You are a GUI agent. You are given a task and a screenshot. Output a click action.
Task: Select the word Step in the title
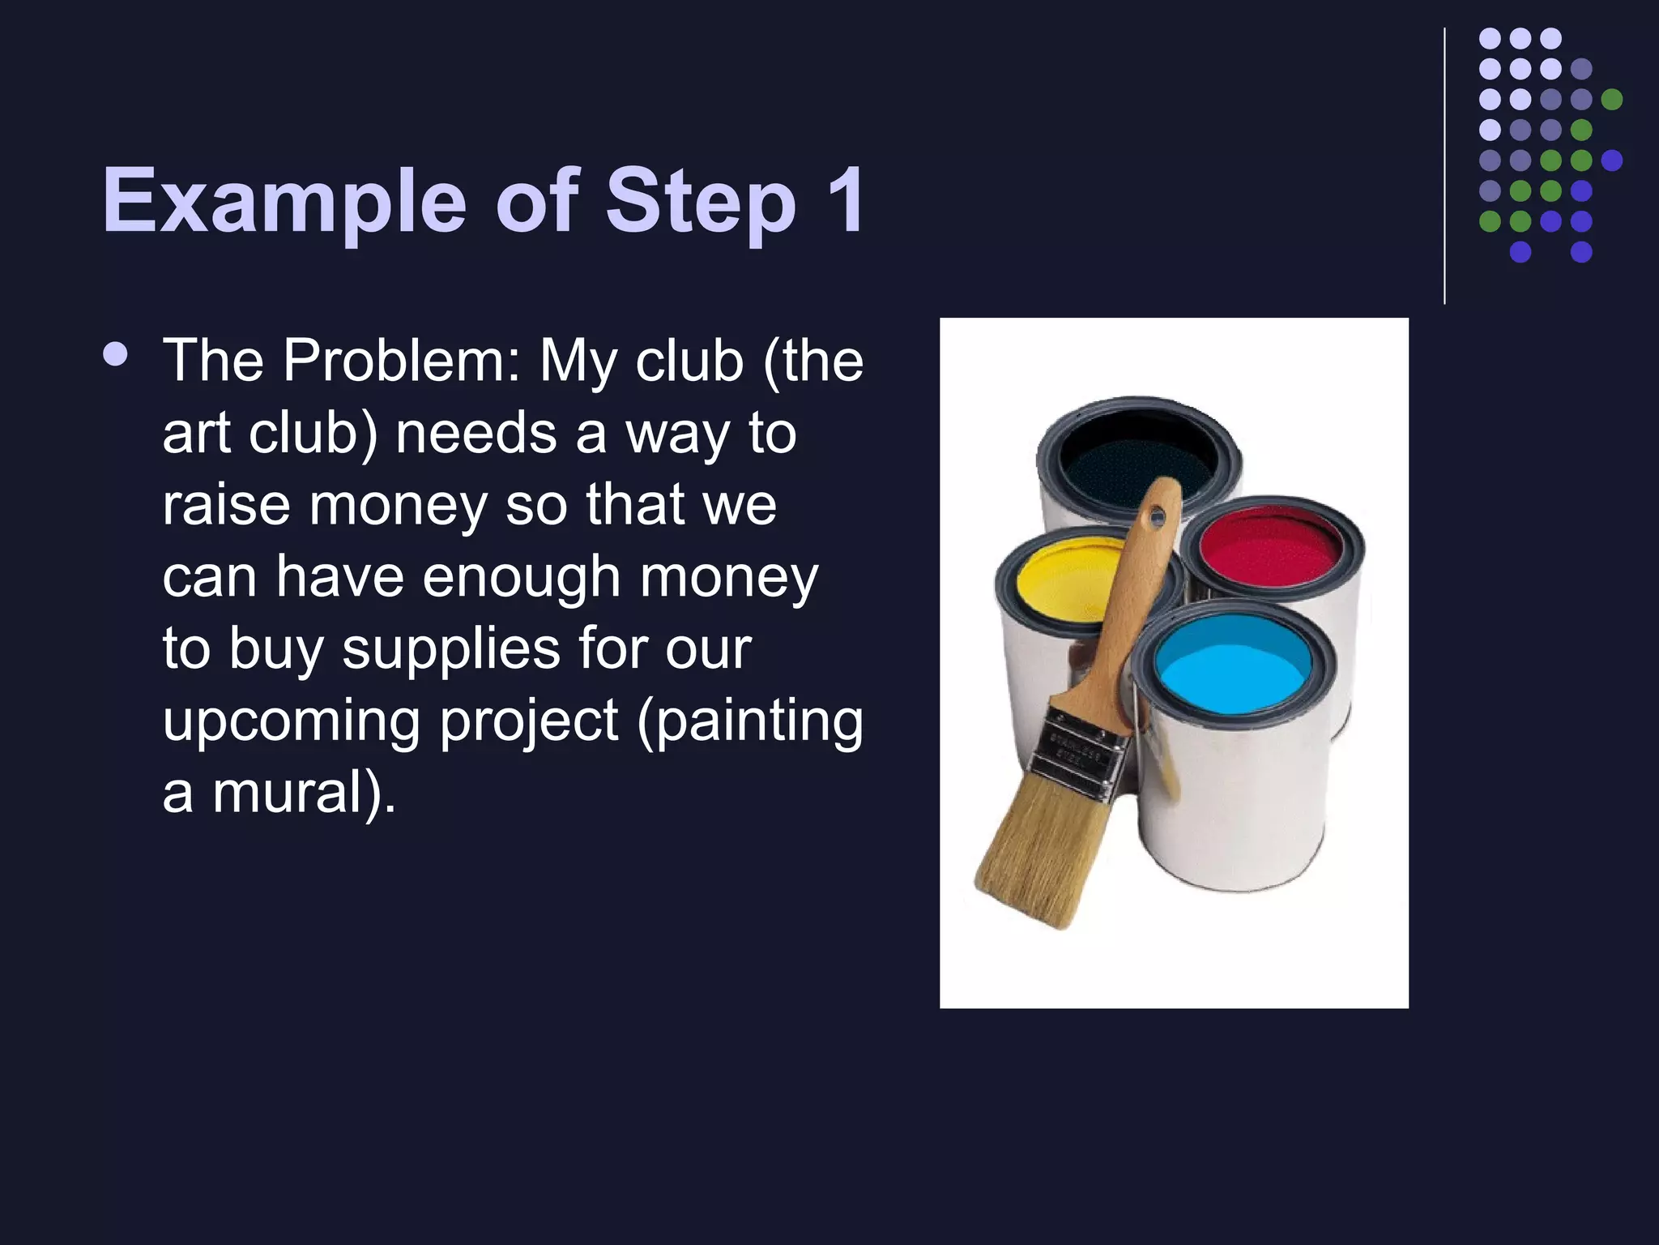(700, 200)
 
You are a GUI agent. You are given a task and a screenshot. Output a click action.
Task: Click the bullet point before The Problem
(116, 355)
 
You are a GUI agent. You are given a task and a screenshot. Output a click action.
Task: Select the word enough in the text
(520, 577)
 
